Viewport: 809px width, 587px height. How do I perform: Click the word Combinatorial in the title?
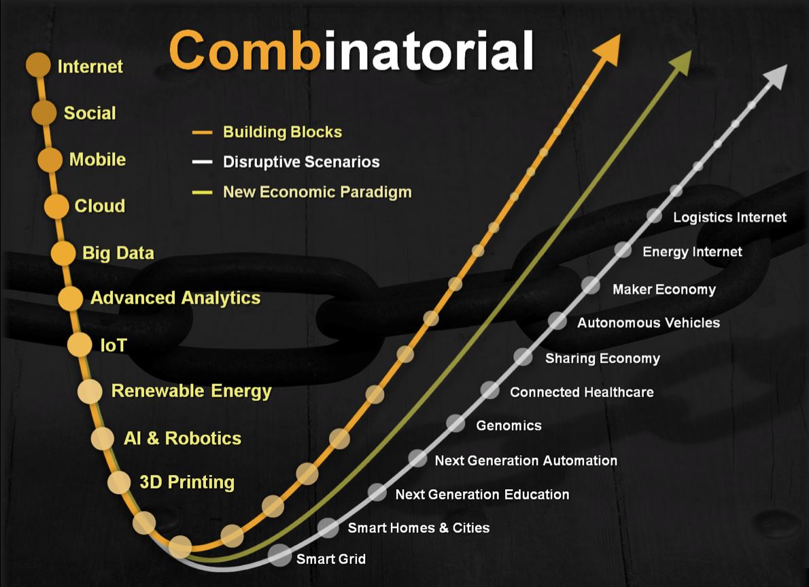(351, 50)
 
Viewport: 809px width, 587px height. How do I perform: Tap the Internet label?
(90, 67)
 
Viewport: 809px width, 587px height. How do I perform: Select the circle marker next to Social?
(44, 113)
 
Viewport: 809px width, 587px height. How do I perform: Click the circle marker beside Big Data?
(63, 253)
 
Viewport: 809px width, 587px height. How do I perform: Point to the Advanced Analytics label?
(175, 298)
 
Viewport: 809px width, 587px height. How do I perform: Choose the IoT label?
(114, 345)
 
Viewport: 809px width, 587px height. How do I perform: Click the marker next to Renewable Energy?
(90, 391)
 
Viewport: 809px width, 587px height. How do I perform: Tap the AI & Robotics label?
(183, 438)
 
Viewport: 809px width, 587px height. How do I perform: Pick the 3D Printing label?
(187, 482)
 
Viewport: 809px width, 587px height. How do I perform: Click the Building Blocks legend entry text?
(282, 132)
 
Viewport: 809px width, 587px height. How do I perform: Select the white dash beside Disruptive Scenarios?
(202, 162)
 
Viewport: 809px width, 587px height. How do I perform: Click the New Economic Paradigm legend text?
(317, 192)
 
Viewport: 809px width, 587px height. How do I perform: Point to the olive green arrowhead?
(681, 63)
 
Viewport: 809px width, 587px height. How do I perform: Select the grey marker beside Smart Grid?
(279, 556)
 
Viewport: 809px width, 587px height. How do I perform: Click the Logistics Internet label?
(729, 217)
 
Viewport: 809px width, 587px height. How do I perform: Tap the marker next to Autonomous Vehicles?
(557, 321)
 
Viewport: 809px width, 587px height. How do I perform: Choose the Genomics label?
(509, 425)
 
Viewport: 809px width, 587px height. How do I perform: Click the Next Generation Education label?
(483, 494)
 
